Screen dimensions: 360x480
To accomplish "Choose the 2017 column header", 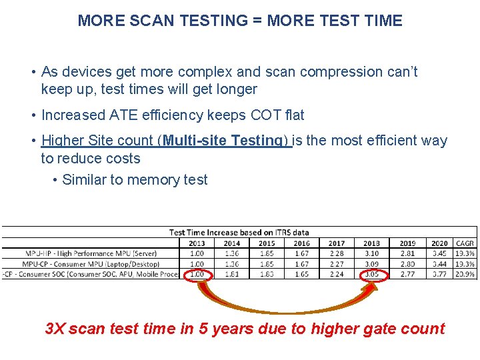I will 337,243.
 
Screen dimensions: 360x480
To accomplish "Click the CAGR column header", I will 465,243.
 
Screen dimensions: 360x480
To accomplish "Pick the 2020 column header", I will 440,243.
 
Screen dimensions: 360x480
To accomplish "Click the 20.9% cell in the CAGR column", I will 465,274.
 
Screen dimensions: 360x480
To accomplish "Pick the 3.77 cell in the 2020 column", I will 440,274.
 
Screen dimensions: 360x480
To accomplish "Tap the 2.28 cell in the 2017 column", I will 337,253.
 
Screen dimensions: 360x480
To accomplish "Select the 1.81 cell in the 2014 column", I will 232,274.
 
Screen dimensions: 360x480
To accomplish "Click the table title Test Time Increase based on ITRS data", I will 239,233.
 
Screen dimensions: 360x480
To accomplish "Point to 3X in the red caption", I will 55,329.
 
